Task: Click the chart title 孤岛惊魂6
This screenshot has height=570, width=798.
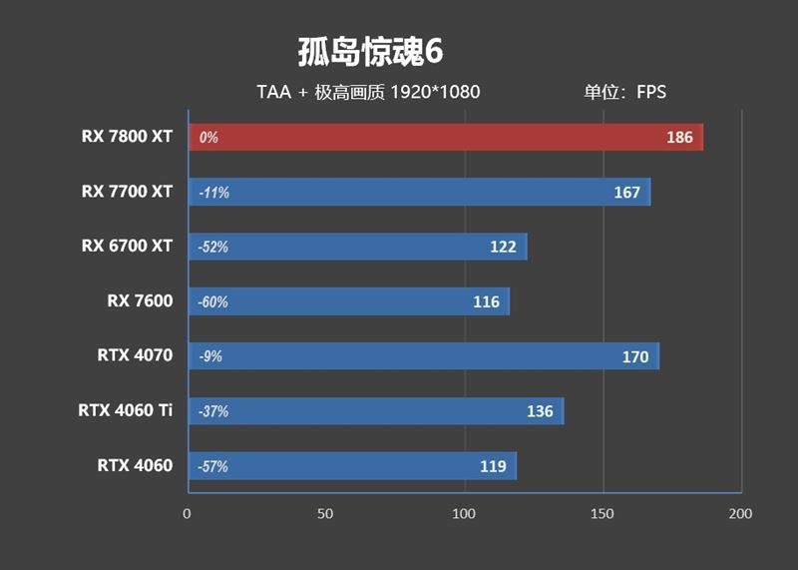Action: tap(369, 52)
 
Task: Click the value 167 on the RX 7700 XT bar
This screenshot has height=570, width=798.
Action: tap(626, 193)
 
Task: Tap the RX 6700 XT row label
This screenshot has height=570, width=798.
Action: tap(128, 247)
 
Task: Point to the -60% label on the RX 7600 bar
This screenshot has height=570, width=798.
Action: tap(213, 301)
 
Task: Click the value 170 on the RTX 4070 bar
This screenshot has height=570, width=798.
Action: tap(634, 356)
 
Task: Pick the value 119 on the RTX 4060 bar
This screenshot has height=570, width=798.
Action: tap(493, 466)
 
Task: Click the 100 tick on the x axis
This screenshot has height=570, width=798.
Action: tap(463, 514)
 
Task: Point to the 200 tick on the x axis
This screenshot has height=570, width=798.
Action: tap(739, 514)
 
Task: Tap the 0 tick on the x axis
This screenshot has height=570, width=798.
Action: tap(188, 514)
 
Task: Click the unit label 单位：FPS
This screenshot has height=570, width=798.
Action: tap(624, 93)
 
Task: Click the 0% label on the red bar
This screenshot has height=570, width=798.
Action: tap(208, 138)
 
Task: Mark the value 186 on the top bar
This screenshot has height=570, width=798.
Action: tap(679, 138)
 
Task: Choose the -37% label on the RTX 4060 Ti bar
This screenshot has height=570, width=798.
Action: tap(213, 411)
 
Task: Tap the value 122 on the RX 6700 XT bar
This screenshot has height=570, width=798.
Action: tap(503, 248)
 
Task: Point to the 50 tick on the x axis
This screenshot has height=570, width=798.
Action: tap(325, 514)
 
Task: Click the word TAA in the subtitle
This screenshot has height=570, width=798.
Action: tap(273, 93)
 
